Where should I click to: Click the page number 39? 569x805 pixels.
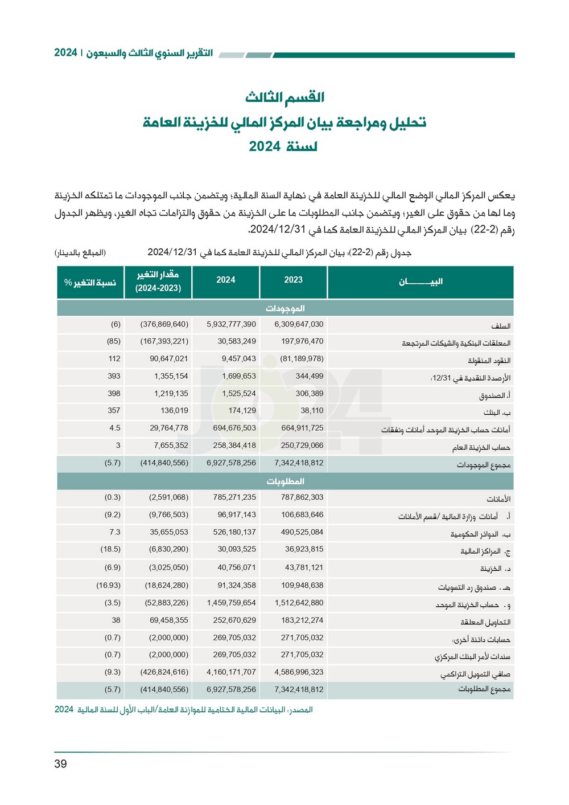point(61,763)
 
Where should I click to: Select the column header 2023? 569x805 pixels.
point(293,280)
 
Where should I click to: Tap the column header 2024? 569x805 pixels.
point(226,280)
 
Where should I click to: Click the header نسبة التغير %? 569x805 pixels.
point(90,283)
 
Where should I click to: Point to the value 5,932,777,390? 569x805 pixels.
point(231,324)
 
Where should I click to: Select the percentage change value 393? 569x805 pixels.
point(114,376)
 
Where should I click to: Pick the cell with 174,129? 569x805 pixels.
point(242,411)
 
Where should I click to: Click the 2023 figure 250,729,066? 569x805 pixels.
point(302,446)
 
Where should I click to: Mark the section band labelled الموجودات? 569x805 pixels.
point(285,308)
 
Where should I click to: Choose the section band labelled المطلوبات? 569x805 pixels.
point(285,481)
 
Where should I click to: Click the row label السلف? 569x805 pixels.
point(501,326)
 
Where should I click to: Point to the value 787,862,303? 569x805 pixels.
point(302,497)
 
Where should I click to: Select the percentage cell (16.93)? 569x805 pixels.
point(108,585)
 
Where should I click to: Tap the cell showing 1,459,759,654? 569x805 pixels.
point(231,603)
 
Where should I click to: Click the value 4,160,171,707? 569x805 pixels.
point(231,672)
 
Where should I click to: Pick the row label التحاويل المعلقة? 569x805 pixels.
point(485,622)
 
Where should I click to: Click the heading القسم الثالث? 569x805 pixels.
point(284,97)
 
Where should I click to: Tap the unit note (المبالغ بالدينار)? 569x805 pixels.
point(80,252)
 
